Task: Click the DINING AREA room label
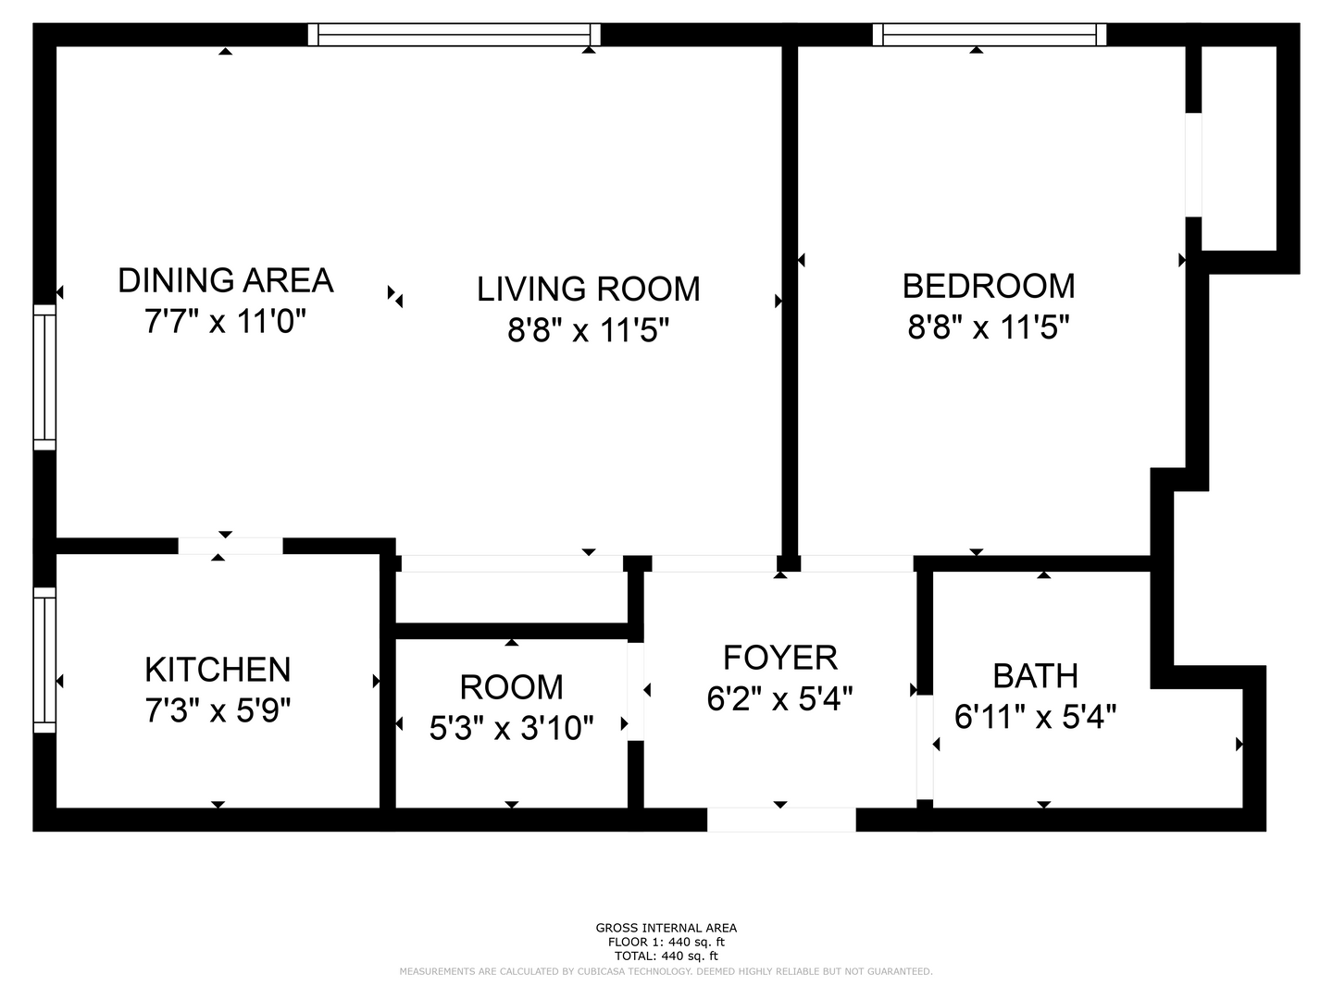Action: [225, 280]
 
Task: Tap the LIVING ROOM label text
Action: [588, 289]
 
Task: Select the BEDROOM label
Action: [988, 287]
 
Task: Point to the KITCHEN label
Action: [218, 670]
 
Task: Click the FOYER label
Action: [779, 658]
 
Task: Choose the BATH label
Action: [1035, 675]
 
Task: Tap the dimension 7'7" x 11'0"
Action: [225, 321]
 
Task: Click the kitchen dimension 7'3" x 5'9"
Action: [218, 709]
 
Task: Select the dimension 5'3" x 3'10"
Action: [511, 727]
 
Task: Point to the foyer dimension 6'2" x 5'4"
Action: [779, 698]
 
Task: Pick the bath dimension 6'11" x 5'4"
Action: [1035, 716]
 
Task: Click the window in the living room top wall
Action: [454, 34]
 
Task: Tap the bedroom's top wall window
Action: [990, 34]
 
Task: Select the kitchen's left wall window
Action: [44, 660]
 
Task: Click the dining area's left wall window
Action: [44, 377]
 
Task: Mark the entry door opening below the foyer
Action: [781, 820]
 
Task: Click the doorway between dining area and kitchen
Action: [230, 546]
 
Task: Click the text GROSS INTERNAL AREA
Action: [666, 928]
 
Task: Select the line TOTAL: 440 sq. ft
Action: [666, 956]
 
